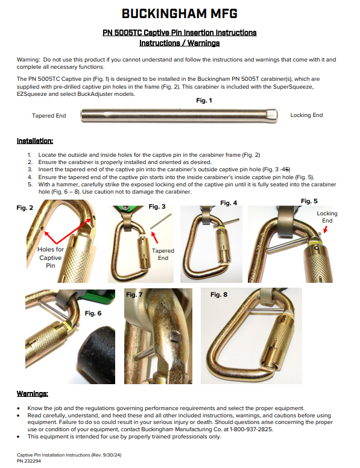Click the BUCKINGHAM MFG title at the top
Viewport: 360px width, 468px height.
coord(180,13)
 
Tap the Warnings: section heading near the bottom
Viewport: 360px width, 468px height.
coord(33,394)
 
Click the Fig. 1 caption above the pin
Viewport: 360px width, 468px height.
coord(205,101)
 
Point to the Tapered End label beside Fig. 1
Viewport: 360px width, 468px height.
coord(49,115)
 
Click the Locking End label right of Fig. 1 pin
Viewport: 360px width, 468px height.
coord(306,115)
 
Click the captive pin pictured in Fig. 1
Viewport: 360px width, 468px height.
coord(179,115)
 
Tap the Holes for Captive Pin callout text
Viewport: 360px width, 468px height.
coord(50,258)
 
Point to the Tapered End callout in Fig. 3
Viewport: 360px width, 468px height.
coord(163,254)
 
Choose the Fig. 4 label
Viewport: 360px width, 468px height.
coord(229,203)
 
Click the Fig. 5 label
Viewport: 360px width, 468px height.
coord(309,201)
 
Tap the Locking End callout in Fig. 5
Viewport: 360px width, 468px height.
coord(327,217)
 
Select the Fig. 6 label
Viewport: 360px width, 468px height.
coord(93,313)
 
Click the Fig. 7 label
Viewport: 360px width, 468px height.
coord(134,295)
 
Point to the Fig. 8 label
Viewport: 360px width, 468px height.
coord(219,295)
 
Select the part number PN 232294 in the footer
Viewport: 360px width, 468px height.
coord(28,460)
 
